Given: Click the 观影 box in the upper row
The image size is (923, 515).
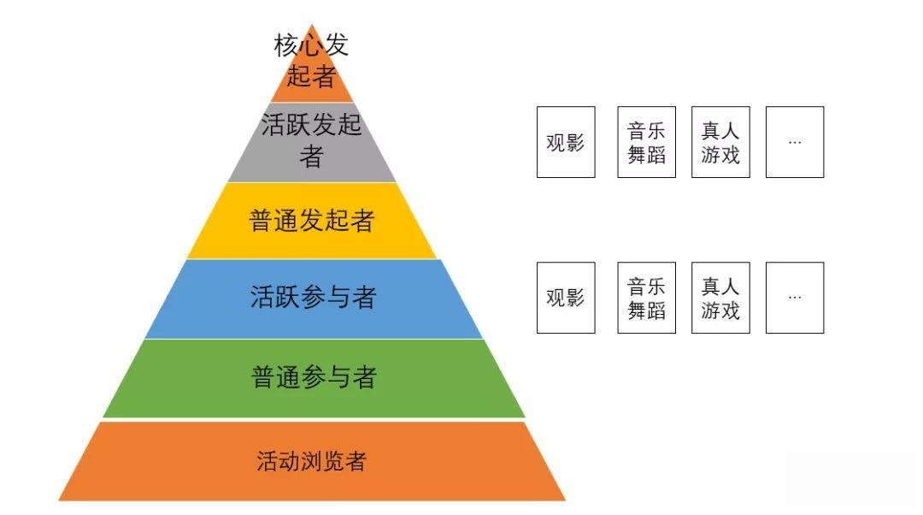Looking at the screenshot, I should [566, 142].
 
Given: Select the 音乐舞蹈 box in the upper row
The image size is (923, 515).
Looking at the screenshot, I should [646, 142].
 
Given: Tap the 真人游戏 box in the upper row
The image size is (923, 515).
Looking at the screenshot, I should [720, 142].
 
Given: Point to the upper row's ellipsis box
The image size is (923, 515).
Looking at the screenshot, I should [795, 142].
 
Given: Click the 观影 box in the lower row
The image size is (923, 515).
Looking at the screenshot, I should [566, 298].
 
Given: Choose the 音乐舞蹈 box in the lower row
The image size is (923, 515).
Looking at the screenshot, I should [646, 298].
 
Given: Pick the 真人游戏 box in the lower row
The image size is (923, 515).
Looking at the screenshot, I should [720, 298].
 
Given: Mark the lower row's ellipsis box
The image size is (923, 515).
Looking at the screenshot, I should [795, 298].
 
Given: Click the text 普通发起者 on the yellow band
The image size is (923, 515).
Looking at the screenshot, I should [312, 221].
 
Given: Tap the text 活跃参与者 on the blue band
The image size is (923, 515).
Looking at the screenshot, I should [313, 298].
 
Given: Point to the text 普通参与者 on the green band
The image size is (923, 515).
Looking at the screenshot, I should [314, 377].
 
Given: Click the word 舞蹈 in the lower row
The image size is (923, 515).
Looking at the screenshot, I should [646, 310].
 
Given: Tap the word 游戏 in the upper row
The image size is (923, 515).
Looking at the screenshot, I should [720, 155].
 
